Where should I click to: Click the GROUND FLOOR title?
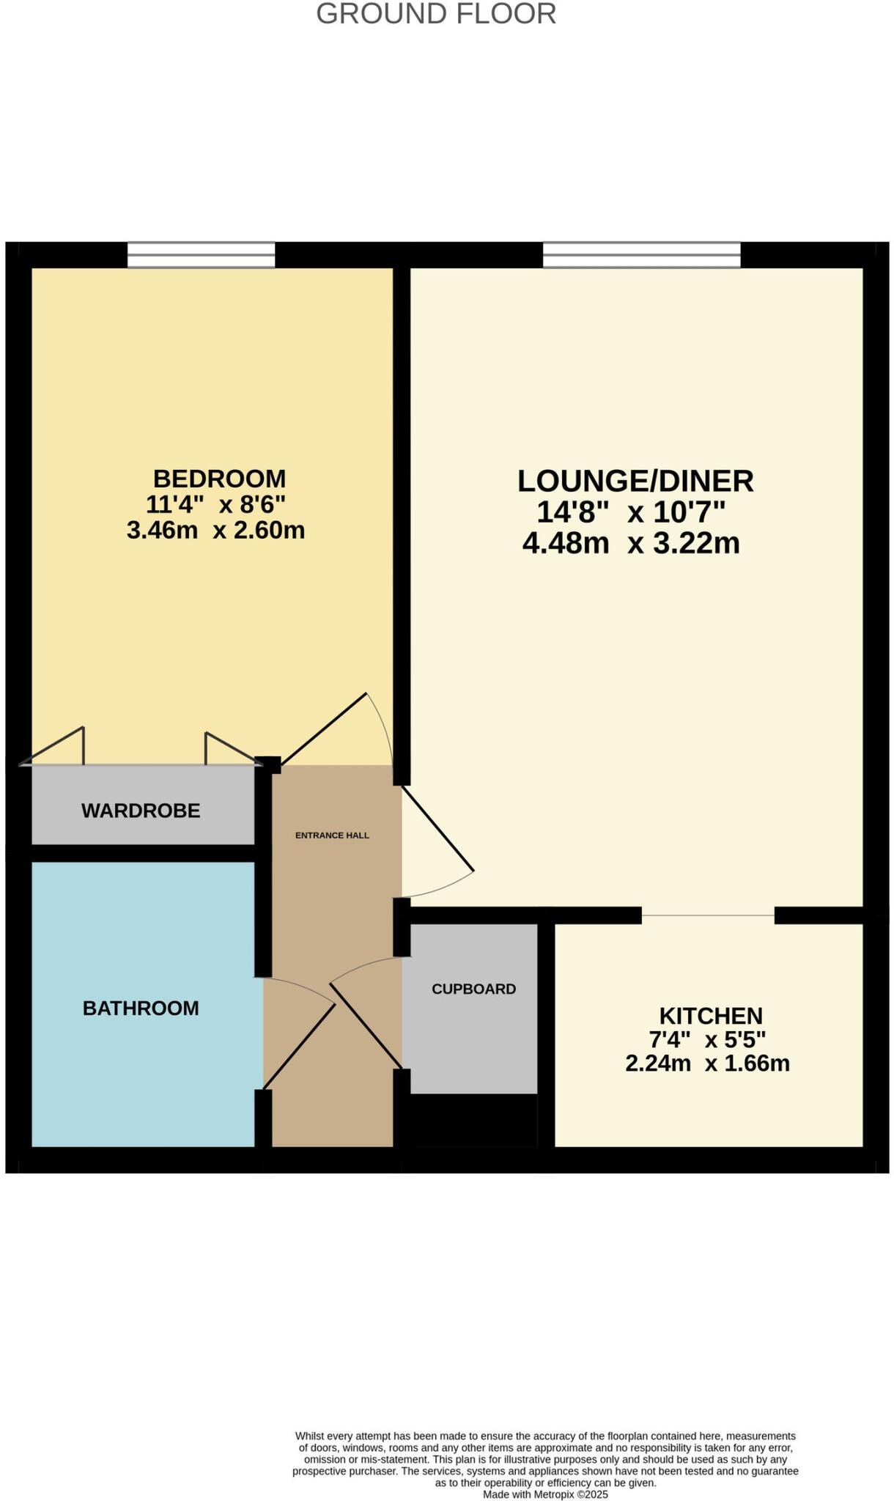pos(436,14)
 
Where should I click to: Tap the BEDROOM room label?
pos(219,479)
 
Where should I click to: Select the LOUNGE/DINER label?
pos(635,481)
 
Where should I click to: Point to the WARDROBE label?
pos(141,811)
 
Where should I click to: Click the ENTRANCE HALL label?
pos(332,836)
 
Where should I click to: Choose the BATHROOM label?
pos(141,1008)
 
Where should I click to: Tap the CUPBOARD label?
pos(473,989)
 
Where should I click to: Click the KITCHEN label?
pos(711,1016)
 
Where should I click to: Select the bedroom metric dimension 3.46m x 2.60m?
pos(215,530)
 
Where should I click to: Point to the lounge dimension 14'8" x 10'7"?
pos(631,512)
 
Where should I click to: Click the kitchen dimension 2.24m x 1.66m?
pos(707,1063)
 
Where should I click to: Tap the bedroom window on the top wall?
pos(202,255)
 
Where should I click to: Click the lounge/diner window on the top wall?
pos(641,255)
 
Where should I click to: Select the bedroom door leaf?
pos(323,729)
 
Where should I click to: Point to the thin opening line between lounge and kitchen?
pos(708,915)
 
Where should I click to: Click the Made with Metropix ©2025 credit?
pos(545,1494)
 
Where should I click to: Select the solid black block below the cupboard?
pos(473,1120)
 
